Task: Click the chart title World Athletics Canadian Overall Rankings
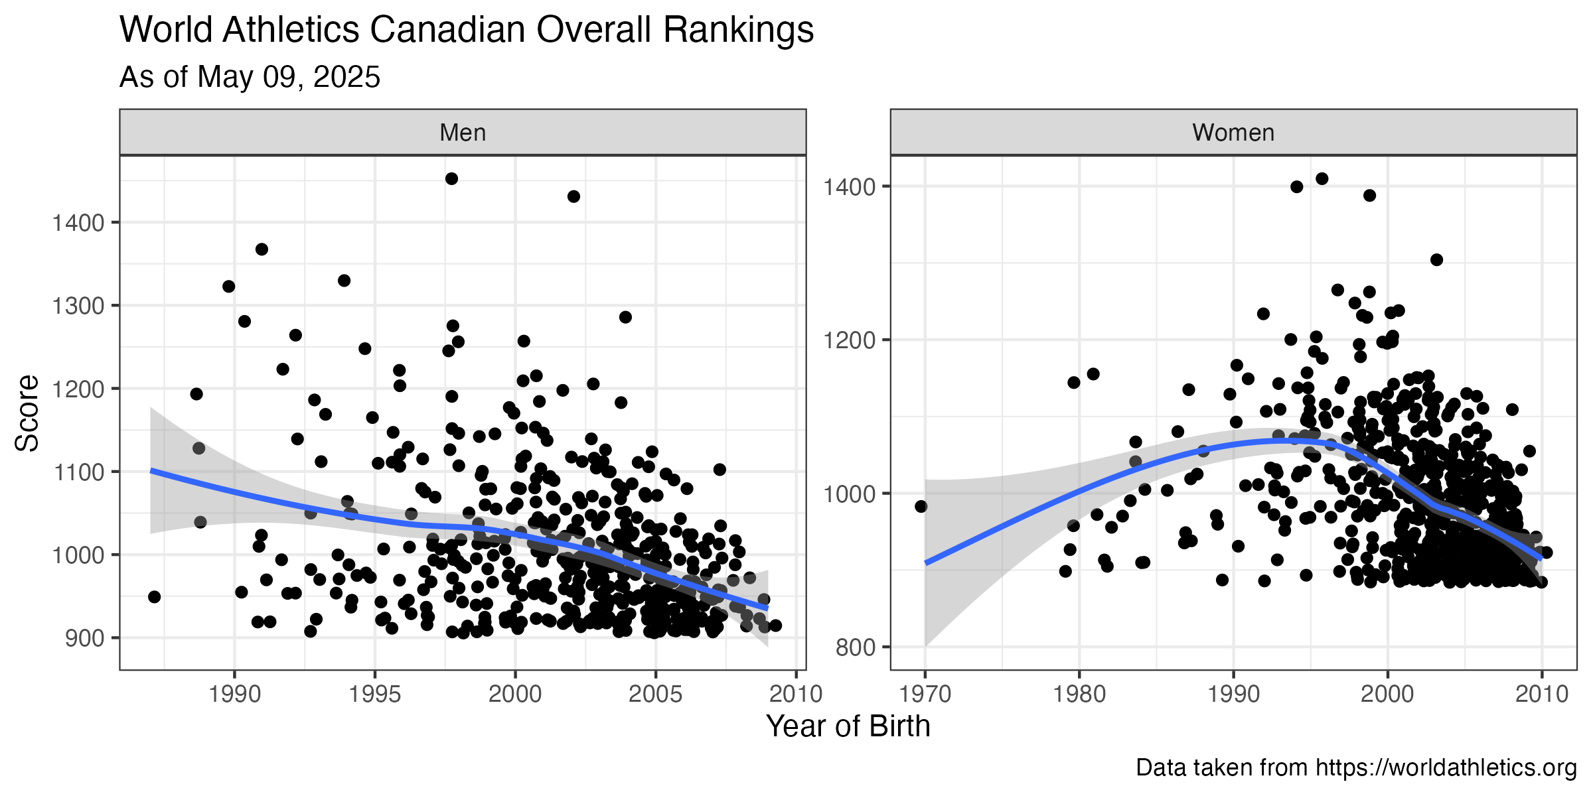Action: coord(467,30)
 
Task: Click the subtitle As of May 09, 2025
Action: coord(250,77)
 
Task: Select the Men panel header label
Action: coord(463,133)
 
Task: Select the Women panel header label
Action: coord(1233,133)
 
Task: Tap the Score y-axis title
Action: coord(27,413)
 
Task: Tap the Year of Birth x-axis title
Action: coord(848,726)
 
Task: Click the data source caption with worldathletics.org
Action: coord(1356,767)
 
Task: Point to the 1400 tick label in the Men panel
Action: coord(78,223)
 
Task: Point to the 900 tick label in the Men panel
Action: coord(85,638)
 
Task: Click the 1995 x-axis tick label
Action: coord(375,694)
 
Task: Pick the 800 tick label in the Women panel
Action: coord(856,647)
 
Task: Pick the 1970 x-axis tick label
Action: coord(925,694)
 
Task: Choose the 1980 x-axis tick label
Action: coord(1079,694)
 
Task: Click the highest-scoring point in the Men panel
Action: coord(451,178)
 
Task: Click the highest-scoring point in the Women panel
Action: coord(1322,178)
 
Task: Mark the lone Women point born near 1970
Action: coord(921,506)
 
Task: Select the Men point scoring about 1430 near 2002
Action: coord(573,196)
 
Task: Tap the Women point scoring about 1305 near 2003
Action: coord(1436,259)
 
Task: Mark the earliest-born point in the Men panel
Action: coord(154,596)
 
